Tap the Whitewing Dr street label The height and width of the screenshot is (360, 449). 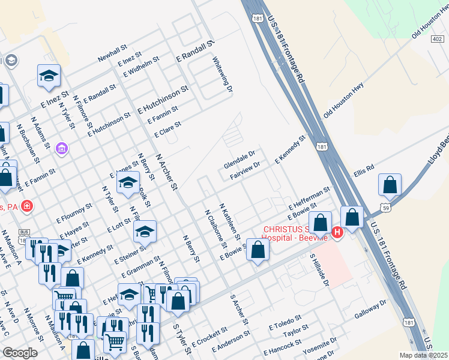(x=221, y=74)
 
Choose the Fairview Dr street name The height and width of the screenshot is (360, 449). (x=245, y=172)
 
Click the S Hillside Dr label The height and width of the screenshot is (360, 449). (x=319, y=271)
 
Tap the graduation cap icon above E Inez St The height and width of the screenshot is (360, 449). (x=49, y=76)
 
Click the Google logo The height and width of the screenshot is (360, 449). (x=20, y=353)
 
